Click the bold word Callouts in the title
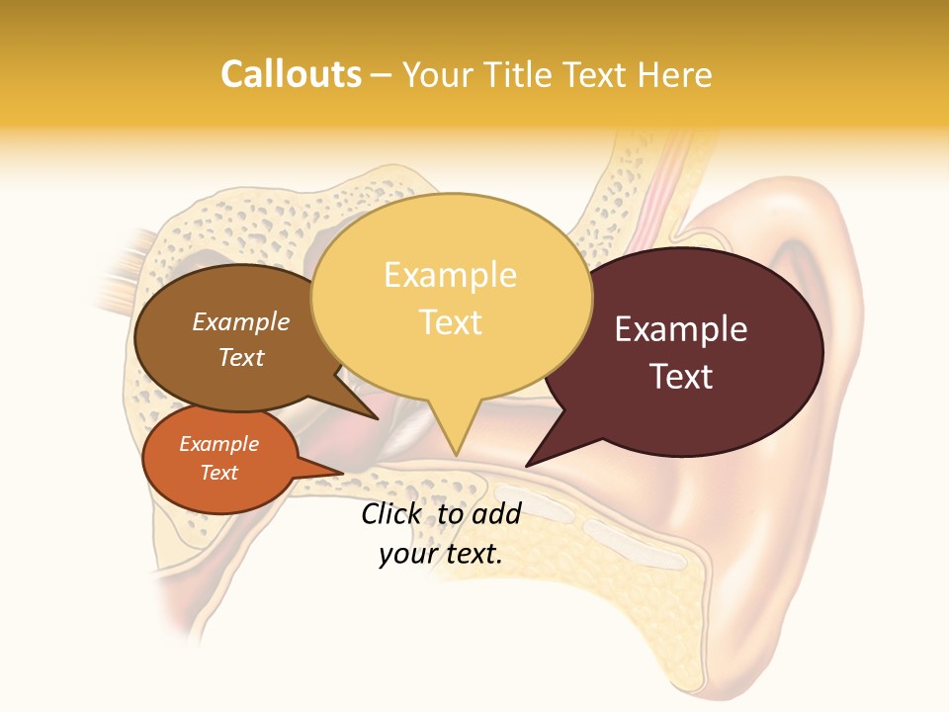tap(291, 74)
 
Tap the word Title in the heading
tap(519, 74)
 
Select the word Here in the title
tap(675, 74)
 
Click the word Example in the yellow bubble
tap(450, 275)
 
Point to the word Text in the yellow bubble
tap(450, 321)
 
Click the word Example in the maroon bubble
tap(681, 329)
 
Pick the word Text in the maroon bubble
tap(681, 377)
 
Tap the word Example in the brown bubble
tap(241, 321)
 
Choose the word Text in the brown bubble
tap(241, 357)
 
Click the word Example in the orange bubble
tap(218, 444)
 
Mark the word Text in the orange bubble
tap(218, 473)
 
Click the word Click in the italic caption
tap(393, 513)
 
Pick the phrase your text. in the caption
tap(441, 555)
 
